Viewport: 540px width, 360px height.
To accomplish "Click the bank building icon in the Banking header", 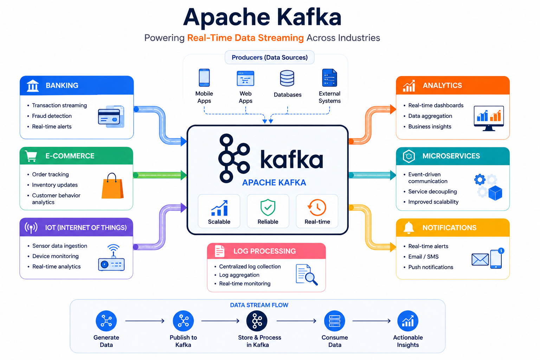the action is tap(33, 85).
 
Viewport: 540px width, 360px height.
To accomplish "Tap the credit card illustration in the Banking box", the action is tap(111, 116).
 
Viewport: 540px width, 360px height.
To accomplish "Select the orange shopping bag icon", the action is tap(112, 186).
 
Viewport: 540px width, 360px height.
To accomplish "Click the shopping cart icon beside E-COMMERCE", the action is tap(31, 156).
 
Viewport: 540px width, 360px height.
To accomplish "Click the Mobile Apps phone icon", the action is tap(204, 78).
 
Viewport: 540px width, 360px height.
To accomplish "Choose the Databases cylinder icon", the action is tap(287, 78).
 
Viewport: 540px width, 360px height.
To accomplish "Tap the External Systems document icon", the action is tap(329, 78).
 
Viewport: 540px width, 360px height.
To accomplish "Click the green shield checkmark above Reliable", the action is tap(268, 207).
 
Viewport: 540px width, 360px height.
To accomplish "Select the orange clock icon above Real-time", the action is tap(317, 207).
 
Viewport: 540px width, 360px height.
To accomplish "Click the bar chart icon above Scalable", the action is tap(219, 208).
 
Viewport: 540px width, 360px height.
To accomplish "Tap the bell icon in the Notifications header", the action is tap(409, 227).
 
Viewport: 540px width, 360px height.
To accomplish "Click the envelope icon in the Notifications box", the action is tap(480, 259).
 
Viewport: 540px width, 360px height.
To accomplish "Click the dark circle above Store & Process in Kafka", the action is tap(257, 321).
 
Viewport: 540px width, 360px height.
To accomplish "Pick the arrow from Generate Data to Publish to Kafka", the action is tap(145, 321).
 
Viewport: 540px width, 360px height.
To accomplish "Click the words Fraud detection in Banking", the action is tap(52, 116).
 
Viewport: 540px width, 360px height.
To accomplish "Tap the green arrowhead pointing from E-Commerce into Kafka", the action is tap(184, 175).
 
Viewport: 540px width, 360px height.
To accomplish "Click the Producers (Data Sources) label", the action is tap(270, 57).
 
